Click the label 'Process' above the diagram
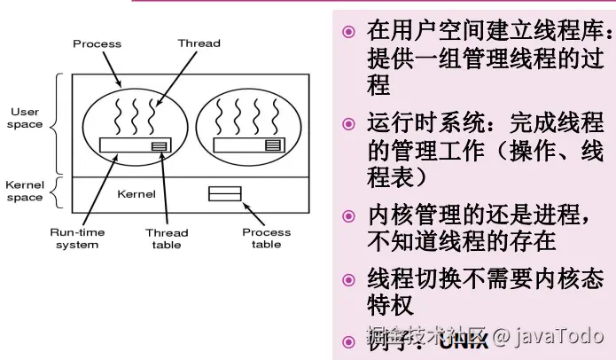pos(97,43)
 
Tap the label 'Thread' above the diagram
pos(199,43)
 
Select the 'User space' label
pos(26,118)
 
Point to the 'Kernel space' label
pos(25,191)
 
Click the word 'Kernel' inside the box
pos(136,193)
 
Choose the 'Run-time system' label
pos(77,238)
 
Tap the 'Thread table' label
pos(167,238)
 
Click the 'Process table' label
pos(266,238)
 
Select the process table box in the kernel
pos(223,192)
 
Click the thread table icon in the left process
pos(160,145)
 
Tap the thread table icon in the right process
pos(273,145)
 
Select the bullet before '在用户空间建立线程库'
pos(349,33)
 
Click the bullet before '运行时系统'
pos(349,121)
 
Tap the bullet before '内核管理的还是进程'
pos(349,215)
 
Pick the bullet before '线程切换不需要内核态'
pos(349,279)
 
